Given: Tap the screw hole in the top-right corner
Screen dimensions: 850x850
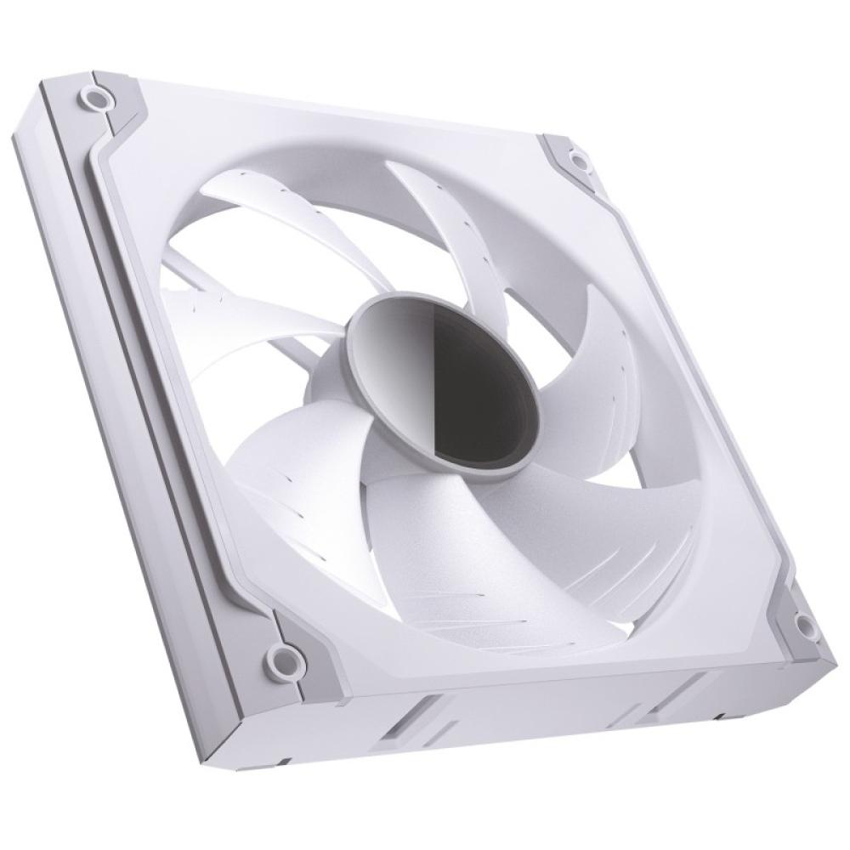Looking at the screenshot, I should pyautogui.click(x=579, y=159).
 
